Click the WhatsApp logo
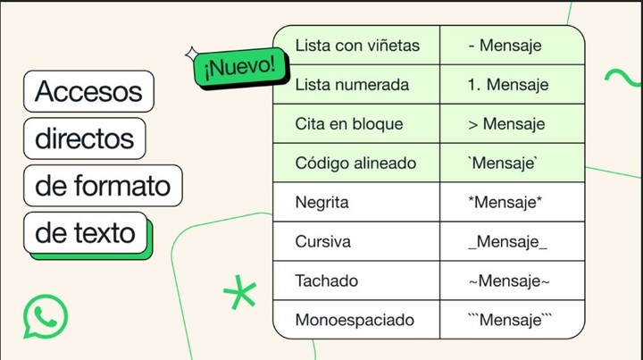click(46, 316)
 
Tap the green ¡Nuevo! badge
click(241, 68)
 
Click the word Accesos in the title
click(88, 91)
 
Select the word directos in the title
click(85, 138)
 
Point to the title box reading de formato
click(103, 185)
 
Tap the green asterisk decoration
click(240, 292)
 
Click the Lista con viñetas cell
click(356, 45)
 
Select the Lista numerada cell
click(356, 85)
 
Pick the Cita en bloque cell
click(356, 124)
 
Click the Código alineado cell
click(356, 163)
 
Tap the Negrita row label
click(321, 202)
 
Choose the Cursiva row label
click(322, 241)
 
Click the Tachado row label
click(327, 280)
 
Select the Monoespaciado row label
click(355, 320)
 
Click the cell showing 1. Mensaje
click(513, 85)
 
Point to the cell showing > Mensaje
click(513, 124)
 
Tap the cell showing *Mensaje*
click(513, 203)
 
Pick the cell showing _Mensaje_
click(513, 241)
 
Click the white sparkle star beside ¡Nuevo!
click(192, 54)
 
